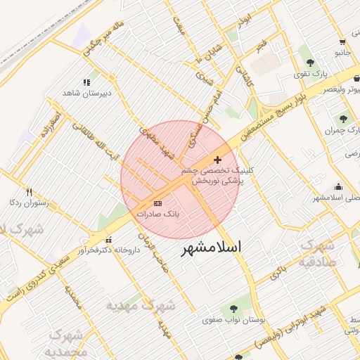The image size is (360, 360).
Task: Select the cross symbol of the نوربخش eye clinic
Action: (217, 160)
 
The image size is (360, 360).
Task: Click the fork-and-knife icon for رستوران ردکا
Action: (29, 192)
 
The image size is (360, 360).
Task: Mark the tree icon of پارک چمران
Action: (343, 119)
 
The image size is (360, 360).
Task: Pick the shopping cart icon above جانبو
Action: (341, 41)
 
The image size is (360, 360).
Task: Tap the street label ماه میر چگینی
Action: (105, 39)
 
